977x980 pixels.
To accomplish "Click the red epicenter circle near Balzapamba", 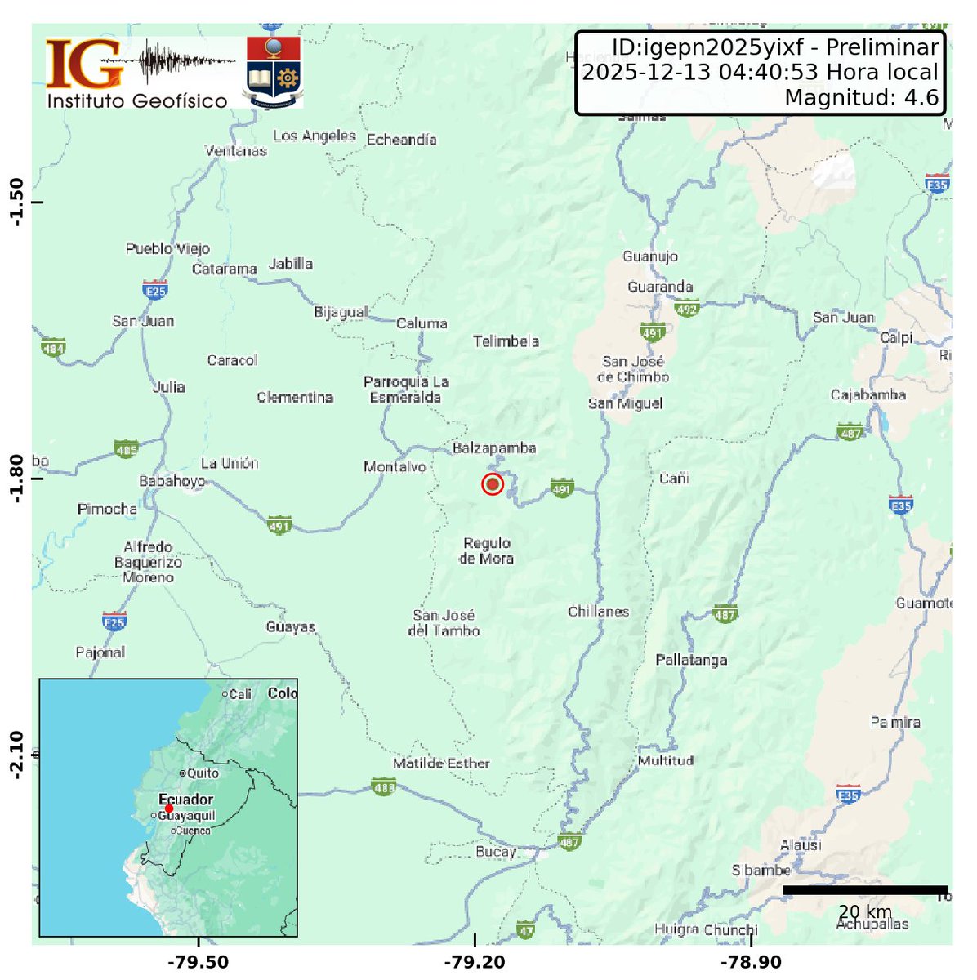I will tap(492, 484).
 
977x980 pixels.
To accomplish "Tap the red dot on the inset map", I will tap(168, 808).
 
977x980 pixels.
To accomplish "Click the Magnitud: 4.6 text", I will tap(861, 98).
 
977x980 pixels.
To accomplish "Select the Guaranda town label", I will tap(660, 287).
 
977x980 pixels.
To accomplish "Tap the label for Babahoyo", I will tap(172, 481).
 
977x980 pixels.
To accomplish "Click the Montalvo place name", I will tap(395, 467).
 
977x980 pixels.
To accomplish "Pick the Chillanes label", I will tap(599, 612).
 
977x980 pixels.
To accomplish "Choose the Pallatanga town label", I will tap(691, 660).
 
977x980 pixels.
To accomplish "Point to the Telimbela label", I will tap(506, 341).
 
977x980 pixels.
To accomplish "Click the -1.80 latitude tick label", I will tap(18, 479).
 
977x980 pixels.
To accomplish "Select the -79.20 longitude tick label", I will tap(476, 963).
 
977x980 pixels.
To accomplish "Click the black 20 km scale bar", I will tap(864, 890).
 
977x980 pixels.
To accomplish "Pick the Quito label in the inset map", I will tap(202, 773).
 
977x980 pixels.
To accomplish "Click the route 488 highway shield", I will tap(383, 787).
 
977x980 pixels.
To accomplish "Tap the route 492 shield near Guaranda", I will tap(686, 310).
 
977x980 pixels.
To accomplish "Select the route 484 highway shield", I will tap(53, 347).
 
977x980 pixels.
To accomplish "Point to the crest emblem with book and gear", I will tap(274, 70).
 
